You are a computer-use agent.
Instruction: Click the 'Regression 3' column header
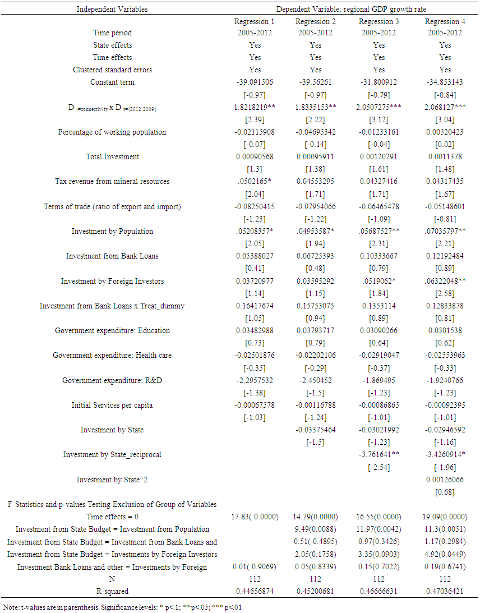379,21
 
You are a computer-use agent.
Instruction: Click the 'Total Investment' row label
112,156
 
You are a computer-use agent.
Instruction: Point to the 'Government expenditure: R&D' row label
112,381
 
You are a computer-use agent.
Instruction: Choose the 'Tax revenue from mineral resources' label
112,181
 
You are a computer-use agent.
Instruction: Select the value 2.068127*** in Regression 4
445,107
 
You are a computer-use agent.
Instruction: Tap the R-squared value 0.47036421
445,591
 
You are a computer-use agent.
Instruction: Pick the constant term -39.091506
255,82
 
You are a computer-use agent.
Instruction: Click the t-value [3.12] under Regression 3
379,119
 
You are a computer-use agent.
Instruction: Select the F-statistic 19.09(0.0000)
445,517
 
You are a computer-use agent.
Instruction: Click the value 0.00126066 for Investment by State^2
445,480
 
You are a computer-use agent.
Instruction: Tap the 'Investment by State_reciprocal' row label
112,455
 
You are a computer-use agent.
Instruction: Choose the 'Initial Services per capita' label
112,405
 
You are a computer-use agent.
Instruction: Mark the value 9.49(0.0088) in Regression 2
316,529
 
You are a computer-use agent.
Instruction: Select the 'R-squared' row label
112,591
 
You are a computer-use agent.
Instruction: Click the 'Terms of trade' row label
112,206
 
